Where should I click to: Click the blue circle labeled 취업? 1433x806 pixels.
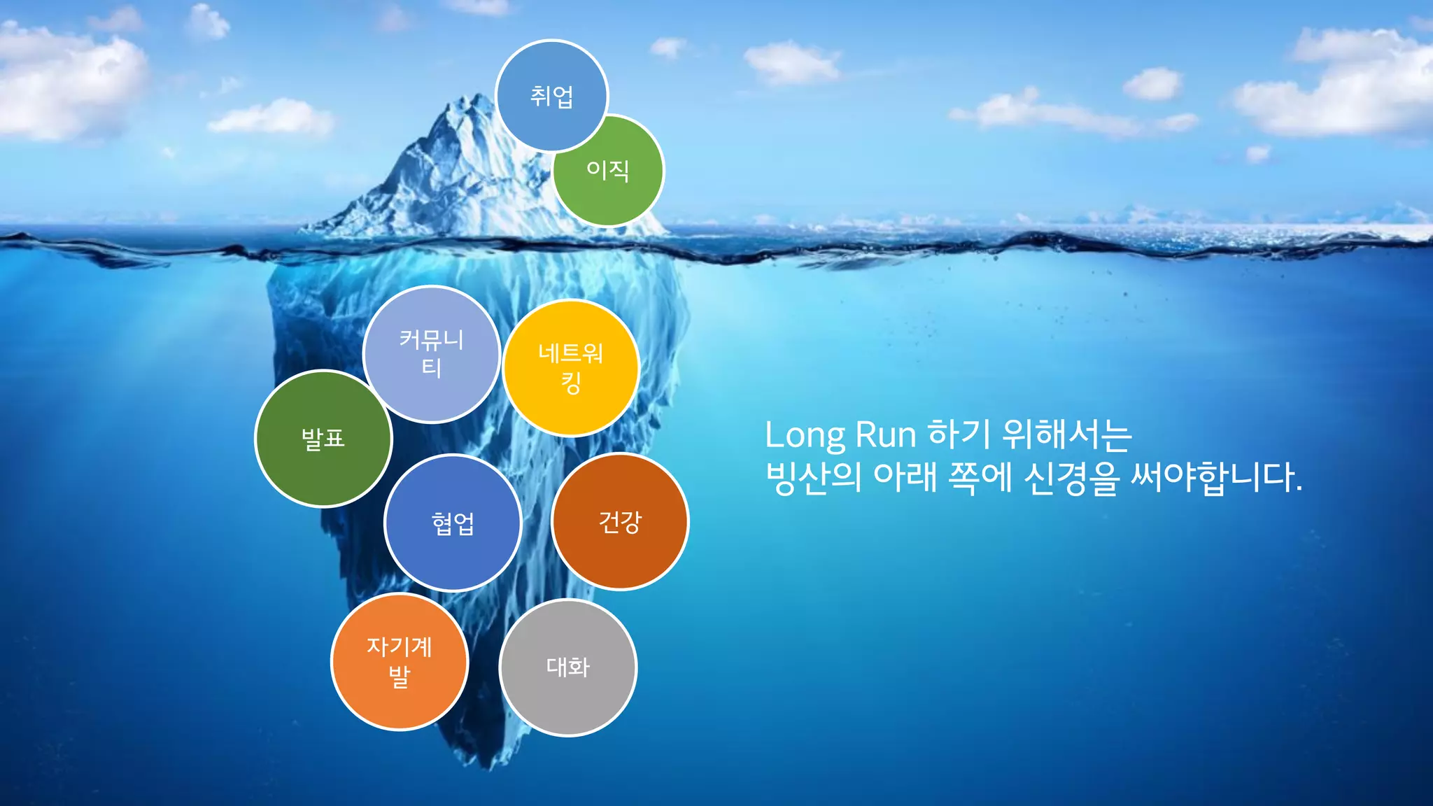click(x=551, y=96)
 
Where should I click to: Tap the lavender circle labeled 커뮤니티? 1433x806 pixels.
click(x=432, y=354)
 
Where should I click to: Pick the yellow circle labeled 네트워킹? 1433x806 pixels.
click(x=571, y=368)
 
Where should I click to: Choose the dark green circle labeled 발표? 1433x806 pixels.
click(x=323, y=439)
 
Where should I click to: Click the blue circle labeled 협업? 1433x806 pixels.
click(x=453, y=523)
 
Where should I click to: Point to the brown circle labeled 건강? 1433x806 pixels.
click(x=620, y=521)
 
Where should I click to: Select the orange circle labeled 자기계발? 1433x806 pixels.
click(x=399, y=662)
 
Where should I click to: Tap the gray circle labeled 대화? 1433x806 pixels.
click(x=567, y=667)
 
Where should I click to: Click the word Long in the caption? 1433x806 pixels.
click(x=805, y=436)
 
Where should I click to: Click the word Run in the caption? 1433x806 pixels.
click(x=886, y=434)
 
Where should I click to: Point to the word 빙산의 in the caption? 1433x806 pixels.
click(x=813, y=478)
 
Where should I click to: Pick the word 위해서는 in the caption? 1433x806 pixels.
click(x=1067, y=434)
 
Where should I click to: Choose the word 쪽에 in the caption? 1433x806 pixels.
click(x=980, y=478)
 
